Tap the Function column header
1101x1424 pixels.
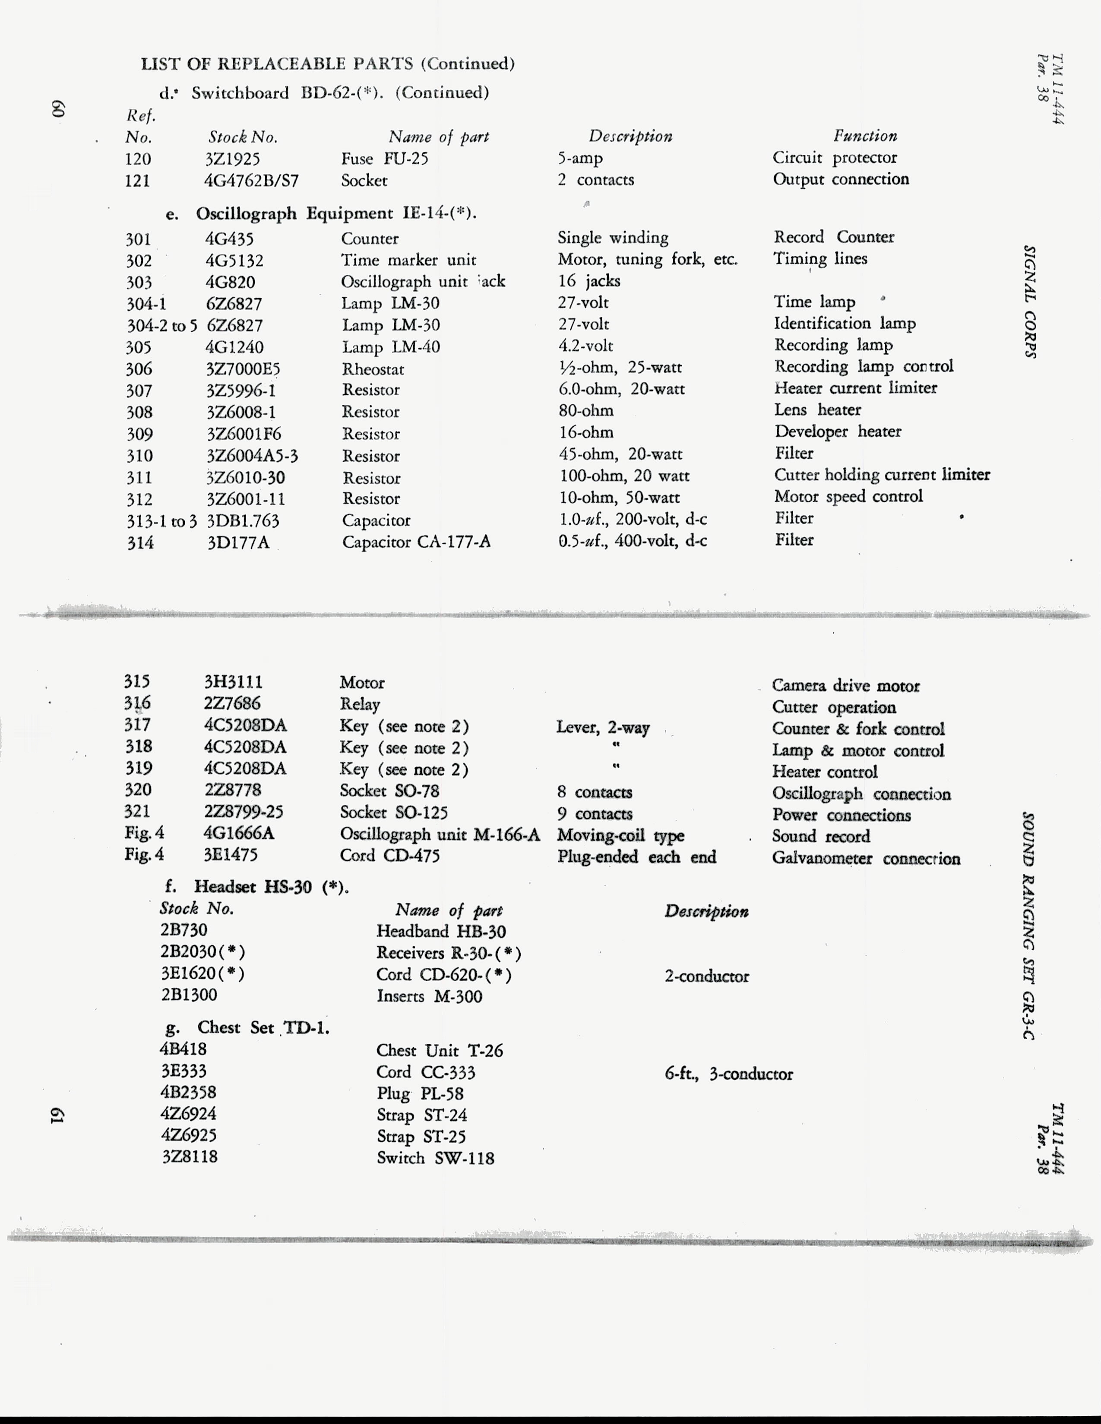(x=865, y=135)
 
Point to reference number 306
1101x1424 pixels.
(x=139, y=369)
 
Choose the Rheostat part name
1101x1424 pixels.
(x=373, y=369)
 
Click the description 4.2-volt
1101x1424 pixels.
(x=586, y=346)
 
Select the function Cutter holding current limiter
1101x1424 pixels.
(x=882, y=475)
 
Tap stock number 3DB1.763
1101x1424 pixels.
(x=243, y=521)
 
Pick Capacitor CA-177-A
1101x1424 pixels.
(x=416, y=542)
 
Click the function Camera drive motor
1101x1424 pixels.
(x=845, y=685)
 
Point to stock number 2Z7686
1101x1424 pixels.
(x=232, y=703)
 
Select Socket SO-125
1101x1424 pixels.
(x=394, y=813)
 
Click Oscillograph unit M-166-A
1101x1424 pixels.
(x=440, y=834)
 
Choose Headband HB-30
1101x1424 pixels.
(x=441, y=931)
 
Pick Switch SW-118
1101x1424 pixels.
(x=435, y=1158)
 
